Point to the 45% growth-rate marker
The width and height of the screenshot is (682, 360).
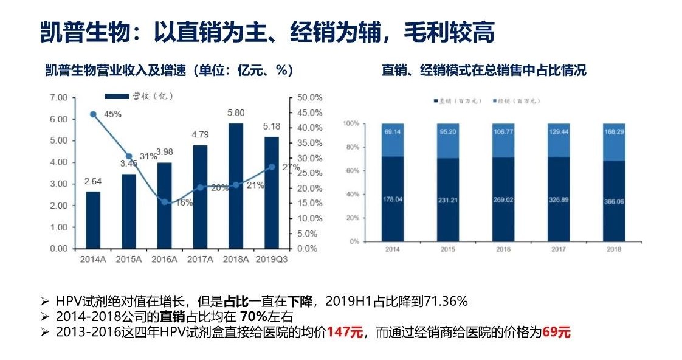(93, 114)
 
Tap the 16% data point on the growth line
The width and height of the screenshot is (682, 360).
(164, 202)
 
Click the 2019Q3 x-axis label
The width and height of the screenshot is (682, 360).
(272, 259)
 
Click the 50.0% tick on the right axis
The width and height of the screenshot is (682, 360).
(309, 97)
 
